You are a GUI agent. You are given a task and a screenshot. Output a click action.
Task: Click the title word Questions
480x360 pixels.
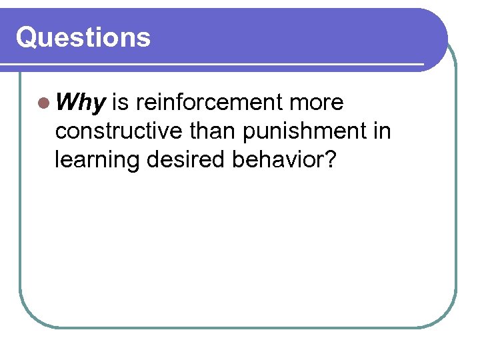(x=83, y=37)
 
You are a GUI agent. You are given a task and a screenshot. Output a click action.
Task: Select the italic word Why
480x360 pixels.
(x=81, y=103)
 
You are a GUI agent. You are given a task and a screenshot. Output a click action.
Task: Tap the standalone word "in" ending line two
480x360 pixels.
(x=383, y=131)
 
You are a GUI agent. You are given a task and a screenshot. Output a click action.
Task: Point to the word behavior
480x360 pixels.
(x=284, y=160)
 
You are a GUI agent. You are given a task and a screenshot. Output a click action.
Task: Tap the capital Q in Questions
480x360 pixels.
(x=27, y=37)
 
